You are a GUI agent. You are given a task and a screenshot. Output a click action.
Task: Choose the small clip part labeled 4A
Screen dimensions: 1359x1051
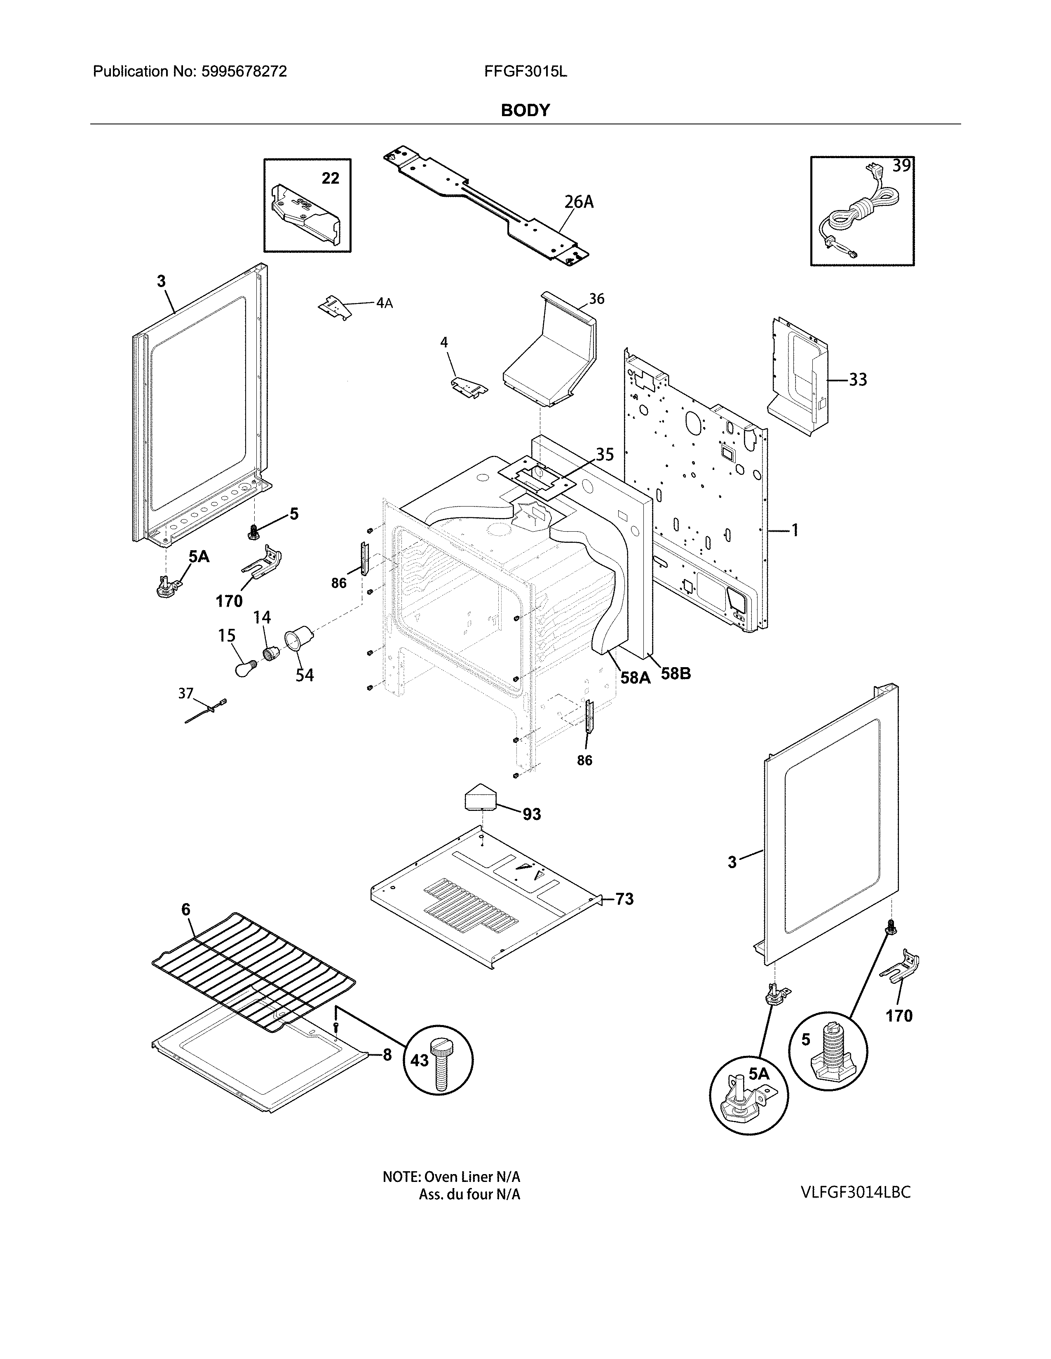[333, 307]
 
